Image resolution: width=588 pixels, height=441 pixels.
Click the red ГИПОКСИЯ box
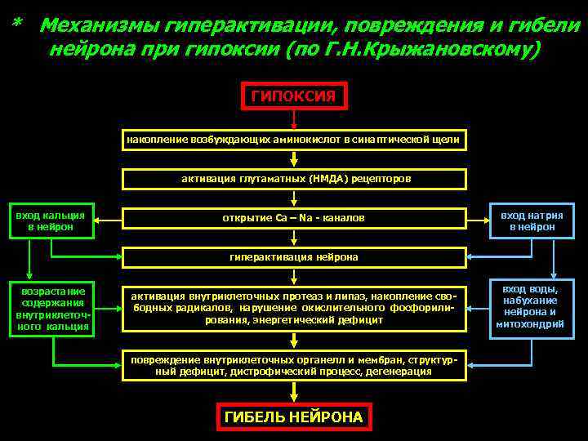[x=294, y=96]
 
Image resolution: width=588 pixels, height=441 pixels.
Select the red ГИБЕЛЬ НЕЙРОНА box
[x=294, y=416]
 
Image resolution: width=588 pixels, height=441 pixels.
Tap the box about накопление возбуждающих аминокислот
[x=294, y=140]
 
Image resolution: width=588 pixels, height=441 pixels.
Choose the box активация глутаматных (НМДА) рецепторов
[x=294, y=179]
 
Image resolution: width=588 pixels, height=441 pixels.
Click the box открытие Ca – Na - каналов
[x=294, y=218]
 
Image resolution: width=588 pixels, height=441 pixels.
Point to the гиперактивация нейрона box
[x=294, y=257]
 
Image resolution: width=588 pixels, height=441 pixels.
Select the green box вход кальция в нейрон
[x=51, y=220]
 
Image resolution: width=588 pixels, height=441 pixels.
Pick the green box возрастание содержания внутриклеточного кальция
[x=52, y=309]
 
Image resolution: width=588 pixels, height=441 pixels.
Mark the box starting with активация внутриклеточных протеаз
[x=294, y=307]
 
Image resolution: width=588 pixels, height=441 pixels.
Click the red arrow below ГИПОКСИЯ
[x=294, y=120]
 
